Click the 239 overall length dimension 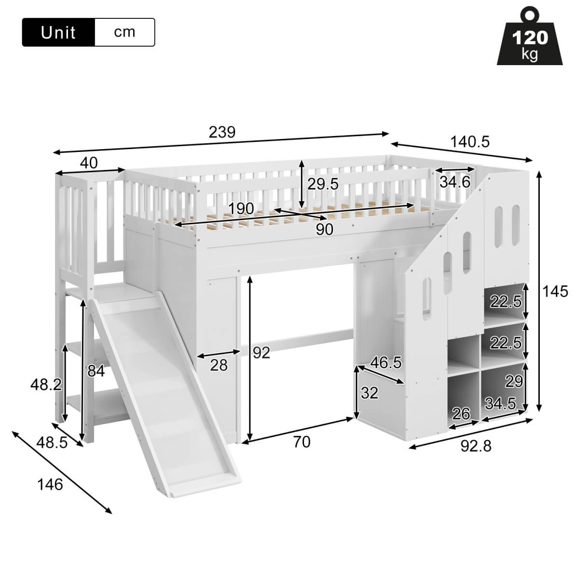pos(222,132)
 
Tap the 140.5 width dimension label pos(470,141)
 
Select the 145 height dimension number pos(555,291)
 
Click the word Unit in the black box pos(58,33)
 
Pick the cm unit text pos(124,32)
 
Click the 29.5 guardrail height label pos(323,184)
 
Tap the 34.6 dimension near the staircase pos(455,182)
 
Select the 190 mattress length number pos(241,208)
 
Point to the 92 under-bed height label pos(261,353)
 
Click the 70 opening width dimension pos(302,441)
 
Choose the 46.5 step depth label pos(386,363)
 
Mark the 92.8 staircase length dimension pos(476,446)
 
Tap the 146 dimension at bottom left pos(50,484)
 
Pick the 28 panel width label pos(219,365)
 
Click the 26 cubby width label pos(461,413)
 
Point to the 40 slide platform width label pos(89,163)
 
